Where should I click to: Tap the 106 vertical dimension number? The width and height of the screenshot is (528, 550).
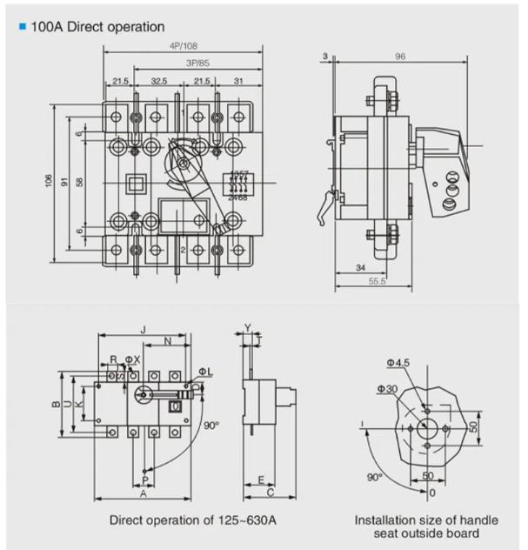(50, 180)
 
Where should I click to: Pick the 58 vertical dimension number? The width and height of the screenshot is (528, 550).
(79, 182)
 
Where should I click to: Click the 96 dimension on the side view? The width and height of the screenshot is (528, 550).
(400, 57)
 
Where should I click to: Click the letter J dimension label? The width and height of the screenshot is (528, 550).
(143, 329)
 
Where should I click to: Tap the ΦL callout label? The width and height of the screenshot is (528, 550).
(212, 372)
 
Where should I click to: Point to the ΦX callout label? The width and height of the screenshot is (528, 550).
(132, 359)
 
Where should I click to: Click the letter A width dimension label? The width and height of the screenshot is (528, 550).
(143, 493)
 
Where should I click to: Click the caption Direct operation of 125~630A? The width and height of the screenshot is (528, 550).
(191, 520)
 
